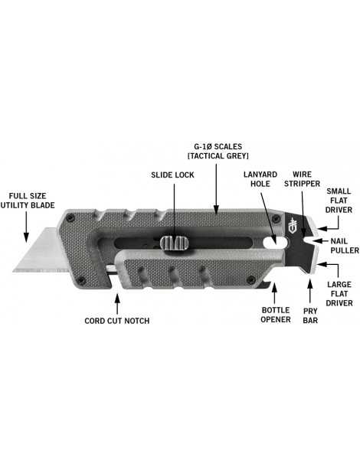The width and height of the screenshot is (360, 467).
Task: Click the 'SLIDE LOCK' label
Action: pyautogui.click(x=172, y=175)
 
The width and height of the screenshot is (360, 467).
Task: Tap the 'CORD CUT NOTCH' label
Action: pyautogui.click(x=117, y=320)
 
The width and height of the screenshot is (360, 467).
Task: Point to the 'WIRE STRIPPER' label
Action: pyautogui.click(x=303, y=180)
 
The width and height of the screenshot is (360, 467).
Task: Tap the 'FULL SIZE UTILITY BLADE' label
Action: pyautogui.click(x=23, y=201)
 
